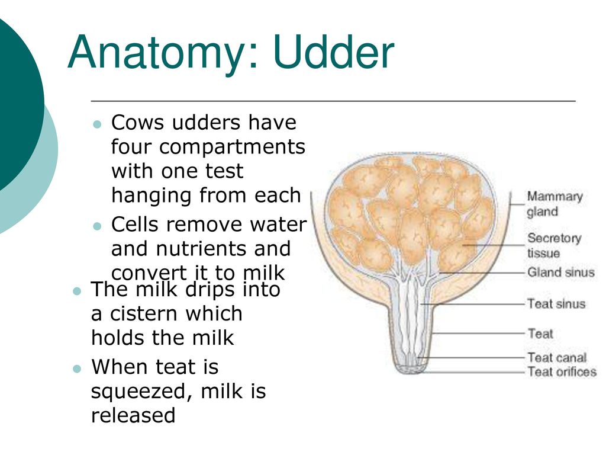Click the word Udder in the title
pos(334,52)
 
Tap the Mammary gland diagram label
pos(555,204)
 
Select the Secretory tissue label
pos(554,245)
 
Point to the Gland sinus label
pos(561,272)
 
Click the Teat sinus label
pos(556,304)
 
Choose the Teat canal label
pos(557,357)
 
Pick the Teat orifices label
pos(562,371)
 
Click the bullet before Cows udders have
pos(97,124)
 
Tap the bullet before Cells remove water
pos(97,226)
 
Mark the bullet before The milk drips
pos(77,290)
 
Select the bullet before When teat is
pos(77,369)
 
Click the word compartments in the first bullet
pos(232,148)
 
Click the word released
pos(133,415)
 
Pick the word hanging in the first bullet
pos(152,196)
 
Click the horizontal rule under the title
pos(333,101)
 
